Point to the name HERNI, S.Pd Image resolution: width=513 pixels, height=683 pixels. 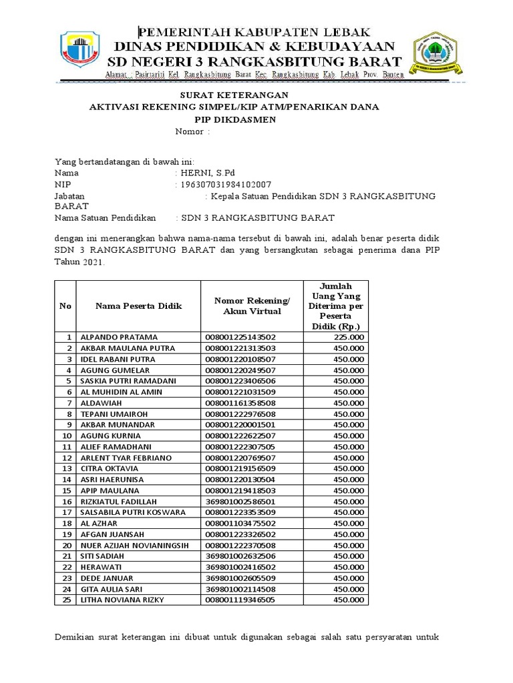coord(206,173)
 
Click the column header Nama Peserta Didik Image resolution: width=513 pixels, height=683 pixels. coord(138,305)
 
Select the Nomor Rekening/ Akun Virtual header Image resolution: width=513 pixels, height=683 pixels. coord(252,305)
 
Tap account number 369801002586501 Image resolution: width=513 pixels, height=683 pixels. coord(240,502)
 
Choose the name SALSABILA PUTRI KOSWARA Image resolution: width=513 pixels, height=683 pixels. coord(134,512)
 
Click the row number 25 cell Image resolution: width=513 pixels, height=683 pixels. coord(65,600)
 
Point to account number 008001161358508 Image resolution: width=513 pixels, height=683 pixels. coord(240,403)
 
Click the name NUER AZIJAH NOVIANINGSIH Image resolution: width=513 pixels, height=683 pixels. coord(134,546)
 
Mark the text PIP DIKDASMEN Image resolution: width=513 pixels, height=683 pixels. coord(230,119)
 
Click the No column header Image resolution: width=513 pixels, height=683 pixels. coord(65,305)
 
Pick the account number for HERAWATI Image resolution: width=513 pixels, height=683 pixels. coord(240,568)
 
